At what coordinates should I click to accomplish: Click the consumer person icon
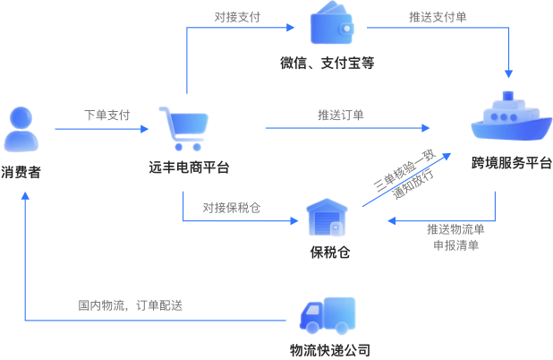coord(21,129)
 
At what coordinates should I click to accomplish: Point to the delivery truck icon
coord(328,316)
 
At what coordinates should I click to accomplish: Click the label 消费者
coord(21,169)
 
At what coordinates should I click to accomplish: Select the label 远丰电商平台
coord(189,167)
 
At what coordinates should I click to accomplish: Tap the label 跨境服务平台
coord(511,164)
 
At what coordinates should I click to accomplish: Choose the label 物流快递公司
coord(329,350)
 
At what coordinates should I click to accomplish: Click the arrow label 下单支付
coord(107,116)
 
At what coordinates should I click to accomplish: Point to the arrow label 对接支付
coord(237,16)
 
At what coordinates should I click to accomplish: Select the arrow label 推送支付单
coord(436,16)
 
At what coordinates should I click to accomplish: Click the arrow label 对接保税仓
coord(231,207)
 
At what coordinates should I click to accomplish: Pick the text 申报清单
coord(455,244)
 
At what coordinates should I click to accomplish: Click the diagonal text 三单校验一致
coord(403,171)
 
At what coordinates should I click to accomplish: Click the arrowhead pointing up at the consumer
coord(25,199)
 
